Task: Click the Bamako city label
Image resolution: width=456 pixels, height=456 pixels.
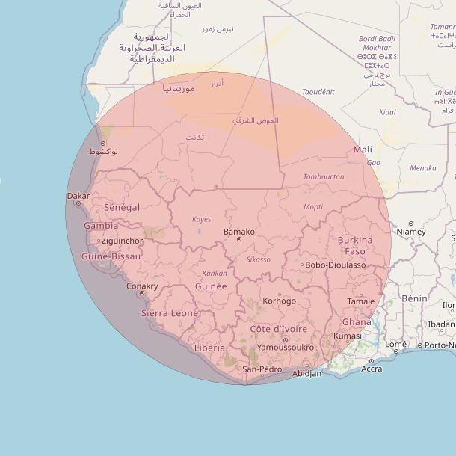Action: pos(239,232)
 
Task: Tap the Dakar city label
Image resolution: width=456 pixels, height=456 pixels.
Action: pos(78,196)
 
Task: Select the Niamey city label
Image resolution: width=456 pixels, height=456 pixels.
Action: pos(411,232)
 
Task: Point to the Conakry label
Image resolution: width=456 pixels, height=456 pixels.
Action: pos(142,286)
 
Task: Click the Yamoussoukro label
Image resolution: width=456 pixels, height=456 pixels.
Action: pos(285,348)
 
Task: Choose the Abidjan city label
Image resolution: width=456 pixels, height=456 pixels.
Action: pos(307,373)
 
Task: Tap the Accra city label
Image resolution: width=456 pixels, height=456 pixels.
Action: pos(372,369)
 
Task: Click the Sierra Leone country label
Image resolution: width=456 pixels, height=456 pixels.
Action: pos(170,313)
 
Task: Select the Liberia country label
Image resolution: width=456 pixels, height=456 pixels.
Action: pos(209,348)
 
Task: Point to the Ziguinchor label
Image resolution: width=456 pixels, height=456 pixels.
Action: pos(122,241)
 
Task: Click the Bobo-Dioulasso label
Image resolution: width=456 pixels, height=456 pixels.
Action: pos(336,265)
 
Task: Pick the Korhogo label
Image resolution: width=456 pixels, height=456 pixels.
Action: pos(280,301)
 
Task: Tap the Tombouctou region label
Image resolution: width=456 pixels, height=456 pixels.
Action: pos(324,177)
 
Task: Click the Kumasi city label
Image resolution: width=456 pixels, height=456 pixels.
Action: pos(348,336)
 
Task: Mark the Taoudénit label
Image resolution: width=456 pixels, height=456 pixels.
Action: pos(318,92)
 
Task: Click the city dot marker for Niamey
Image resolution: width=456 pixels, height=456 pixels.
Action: pos(411,223)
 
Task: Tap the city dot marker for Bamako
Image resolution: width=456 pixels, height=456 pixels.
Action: pos(239,239)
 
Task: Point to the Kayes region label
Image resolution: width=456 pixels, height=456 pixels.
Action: pos(202,220)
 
